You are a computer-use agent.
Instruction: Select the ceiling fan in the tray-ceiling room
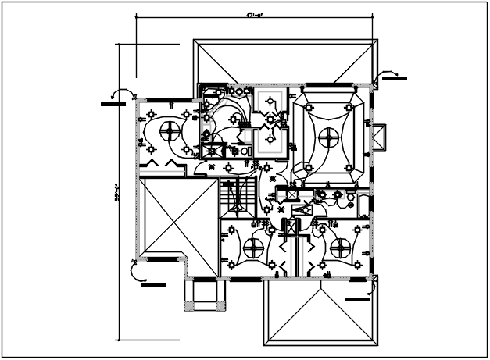click(x=329, y=139)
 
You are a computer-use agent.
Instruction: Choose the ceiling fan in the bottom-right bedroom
click(x=340, y=248)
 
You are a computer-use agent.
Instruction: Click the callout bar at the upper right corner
click(x=394, y=79)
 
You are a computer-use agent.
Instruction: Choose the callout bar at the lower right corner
click(x=357, y=298)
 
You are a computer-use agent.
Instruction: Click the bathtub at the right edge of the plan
click(x=364, y=205)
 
